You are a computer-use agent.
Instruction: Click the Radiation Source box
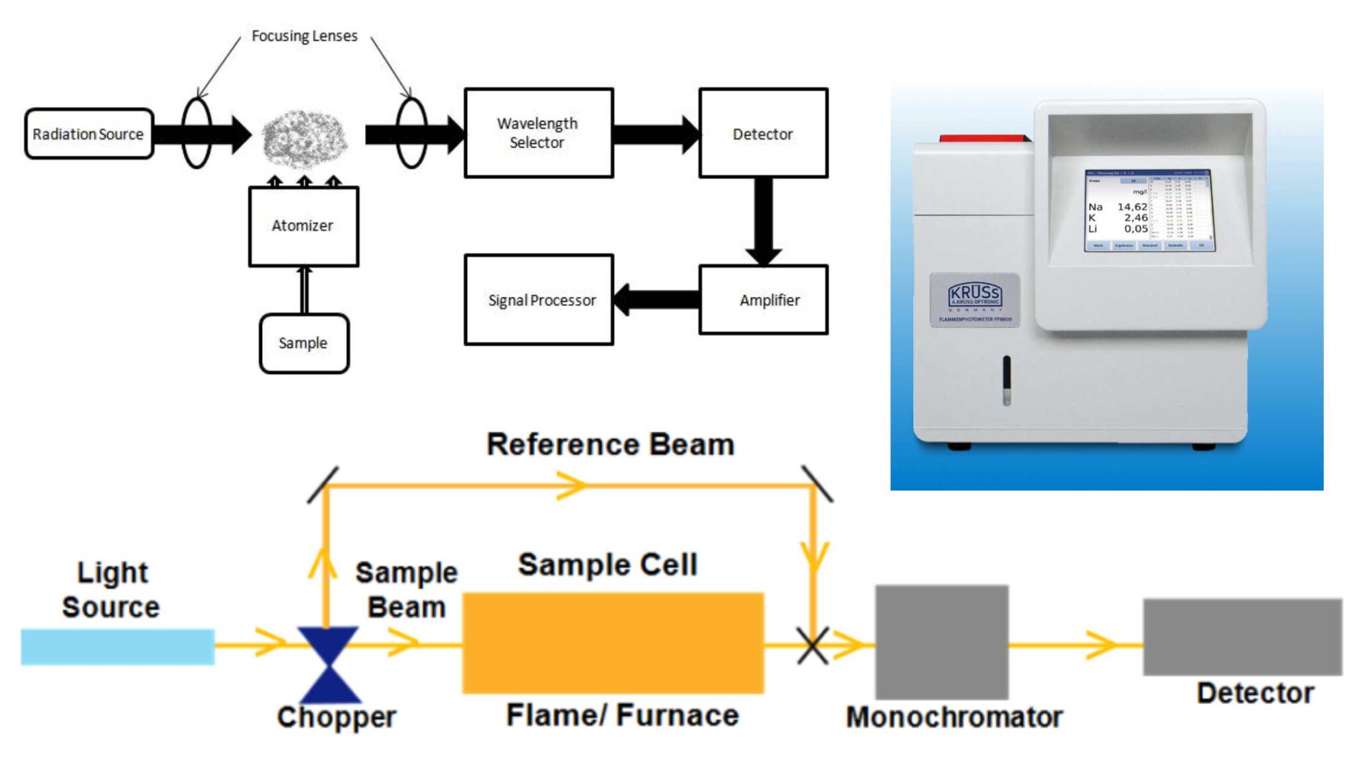point(88,133)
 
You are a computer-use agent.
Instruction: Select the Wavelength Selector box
point(538,133)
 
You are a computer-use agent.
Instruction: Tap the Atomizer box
point(303,226)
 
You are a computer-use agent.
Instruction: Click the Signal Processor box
point(538,299)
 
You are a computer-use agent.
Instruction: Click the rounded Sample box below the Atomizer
point(303,343)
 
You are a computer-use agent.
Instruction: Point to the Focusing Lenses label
point(304,36)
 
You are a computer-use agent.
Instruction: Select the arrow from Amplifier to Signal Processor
point(654,299)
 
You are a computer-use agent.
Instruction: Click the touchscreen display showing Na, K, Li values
point(1149,211)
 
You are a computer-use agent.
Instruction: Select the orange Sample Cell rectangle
point(612,643)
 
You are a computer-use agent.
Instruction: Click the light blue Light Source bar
point(117,647)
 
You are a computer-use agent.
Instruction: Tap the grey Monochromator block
point(942,641)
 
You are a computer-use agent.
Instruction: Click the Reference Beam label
point(610,444)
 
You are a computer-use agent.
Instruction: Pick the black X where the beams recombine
point(812,645)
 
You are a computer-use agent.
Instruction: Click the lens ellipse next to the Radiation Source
point(196,133)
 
